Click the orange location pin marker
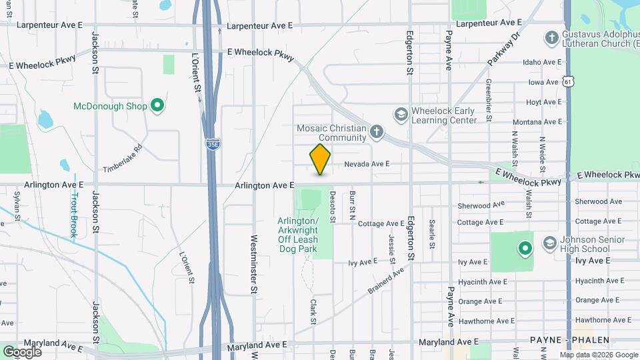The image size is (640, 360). tap(321, 159)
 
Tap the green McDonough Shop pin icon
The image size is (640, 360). tap(157, 105)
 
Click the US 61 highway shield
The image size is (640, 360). tap(568, 81)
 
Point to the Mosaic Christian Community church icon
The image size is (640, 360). tap(376, 131)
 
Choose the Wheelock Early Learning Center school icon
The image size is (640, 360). tap(401, 115)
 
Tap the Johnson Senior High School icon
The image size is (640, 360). tap(551, 241)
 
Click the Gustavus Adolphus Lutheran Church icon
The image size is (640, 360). tap(551, 37)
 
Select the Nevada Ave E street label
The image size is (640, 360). tap(367, 164)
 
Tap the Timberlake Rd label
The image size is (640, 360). tap(123, 159)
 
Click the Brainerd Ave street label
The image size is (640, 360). tap(386, 281)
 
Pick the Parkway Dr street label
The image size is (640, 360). tap(503, 49)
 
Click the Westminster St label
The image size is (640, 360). tap(253, 264)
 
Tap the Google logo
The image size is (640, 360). tap(22, 351)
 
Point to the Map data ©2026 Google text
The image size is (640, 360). tap(598, 355)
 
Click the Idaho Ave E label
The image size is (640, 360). tap(542, 63)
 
